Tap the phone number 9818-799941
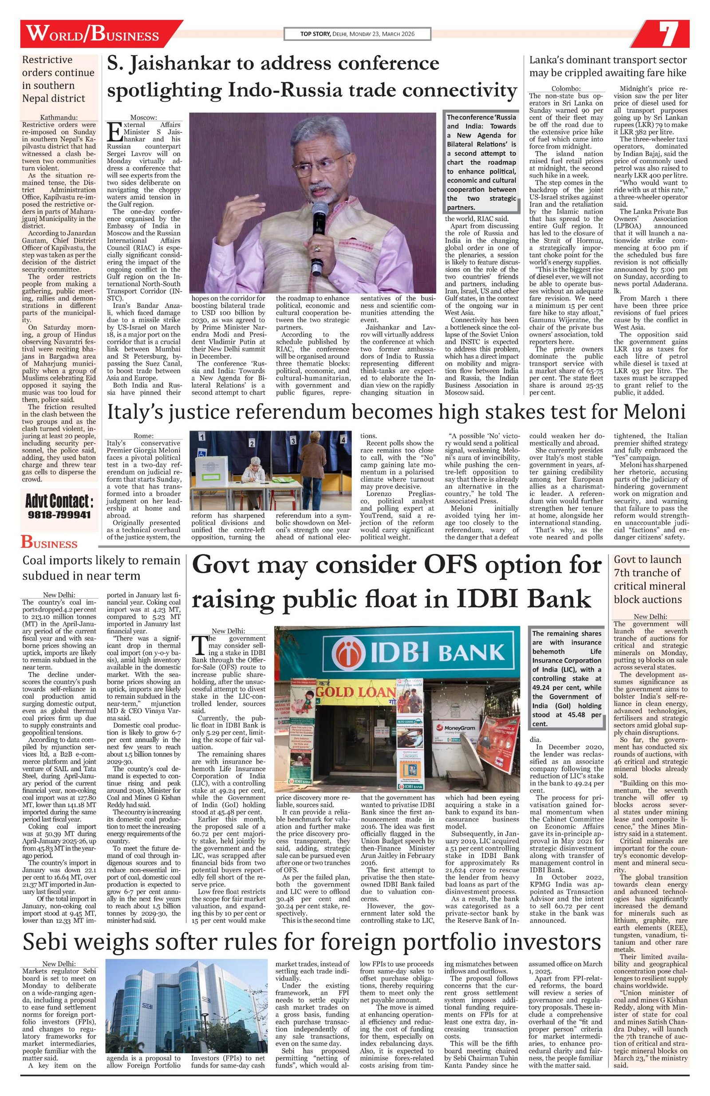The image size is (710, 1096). pyautogui.click(x=59, y=514)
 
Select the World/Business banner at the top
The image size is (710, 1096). pyautogui.click(x=92, y=35)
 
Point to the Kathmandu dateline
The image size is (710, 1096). pyautogui.click(x=59, y=118)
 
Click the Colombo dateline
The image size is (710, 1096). pyautogui.click(x=566, y=89)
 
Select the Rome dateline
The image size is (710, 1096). pyautogui.click(x=144, y=435)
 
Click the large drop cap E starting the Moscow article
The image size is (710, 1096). pyautogui.click(x=113, y=133)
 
